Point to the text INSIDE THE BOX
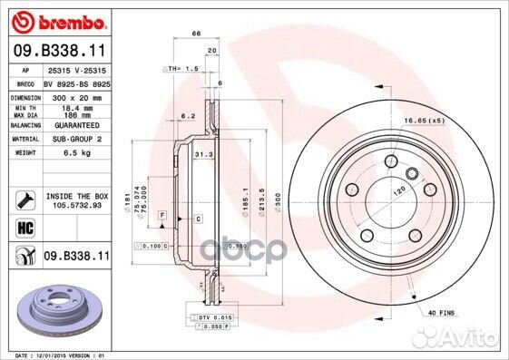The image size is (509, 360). click(x=76, y=195)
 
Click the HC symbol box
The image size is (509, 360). click(x=24, y=228)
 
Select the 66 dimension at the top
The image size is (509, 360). click(x=195, y=34)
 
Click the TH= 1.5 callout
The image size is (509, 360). click(x=181, y=68)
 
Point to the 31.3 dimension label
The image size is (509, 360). click(x=203, y=155)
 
